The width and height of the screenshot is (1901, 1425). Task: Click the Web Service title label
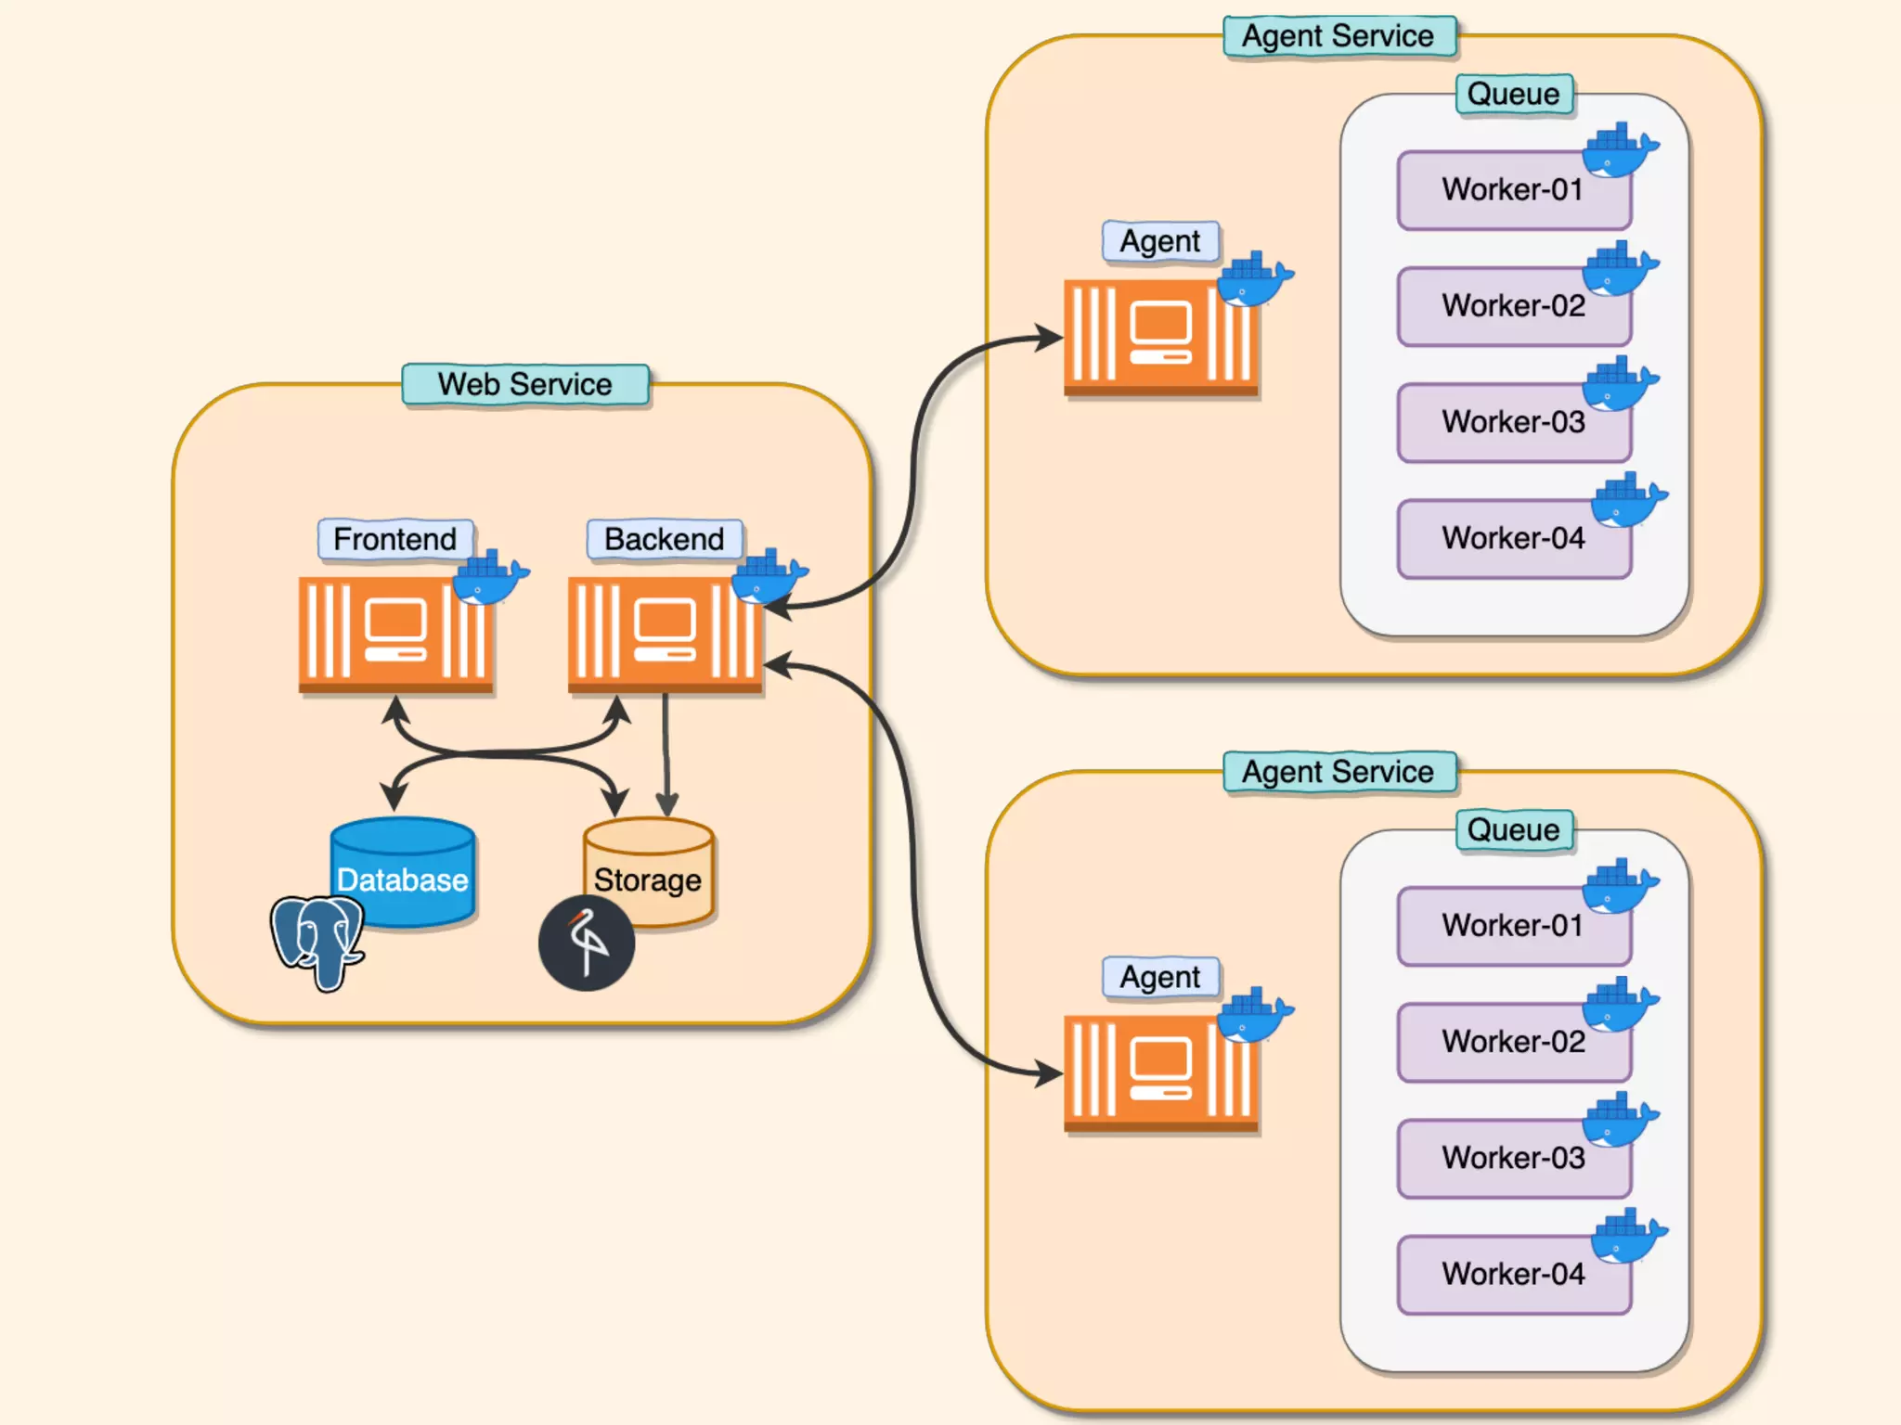point(524,384)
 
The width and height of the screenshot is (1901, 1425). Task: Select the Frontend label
point(395,539)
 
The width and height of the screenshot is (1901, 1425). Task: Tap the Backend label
point(665,539)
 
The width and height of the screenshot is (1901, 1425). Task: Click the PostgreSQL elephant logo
point(317,941)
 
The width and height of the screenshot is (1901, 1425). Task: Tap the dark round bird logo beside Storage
point(587,944)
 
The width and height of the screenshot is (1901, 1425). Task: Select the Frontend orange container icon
point(394,634)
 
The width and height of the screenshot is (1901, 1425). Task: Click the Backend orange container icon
point(665,634)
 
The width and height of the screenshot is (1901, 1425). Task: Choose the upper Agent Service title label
point(1338,36)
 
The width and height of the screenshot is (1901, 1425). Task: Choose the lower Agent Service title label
point(1338,772)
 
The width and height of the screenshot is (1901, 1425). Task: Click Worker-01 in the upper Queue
point(1513,190)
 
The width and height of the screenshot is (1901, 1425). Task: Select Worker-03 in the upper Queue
point(1513,422)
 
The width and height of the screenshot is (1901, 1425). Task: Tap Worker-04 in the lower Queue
point(1513,1274)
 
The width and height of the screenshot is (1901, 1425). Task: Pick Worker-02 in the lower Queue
point(1513,1042)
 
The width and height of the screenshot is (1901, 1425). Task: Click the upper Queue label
point(1514,94)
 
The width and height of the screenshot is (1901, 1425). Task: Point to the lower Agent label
point(1160,977)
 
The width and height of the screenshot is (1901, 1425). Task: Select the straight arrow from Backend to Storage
point(666,751)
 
